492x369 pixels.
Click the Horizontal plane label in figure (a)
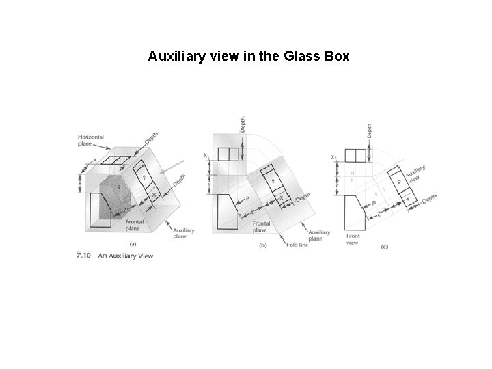(x=90, y=141)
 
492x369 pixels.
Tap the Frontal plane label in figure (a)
(x=134, y=225)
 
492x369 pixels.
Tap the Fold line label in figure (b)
(x=297, y=244)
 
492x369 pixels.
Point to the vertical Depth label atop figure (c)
(x=370, y=133)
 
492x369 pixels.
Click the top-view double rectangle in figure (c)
(x=356, y=154)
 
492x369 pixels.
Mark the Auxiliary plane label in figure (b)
(x=318, y=235)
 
